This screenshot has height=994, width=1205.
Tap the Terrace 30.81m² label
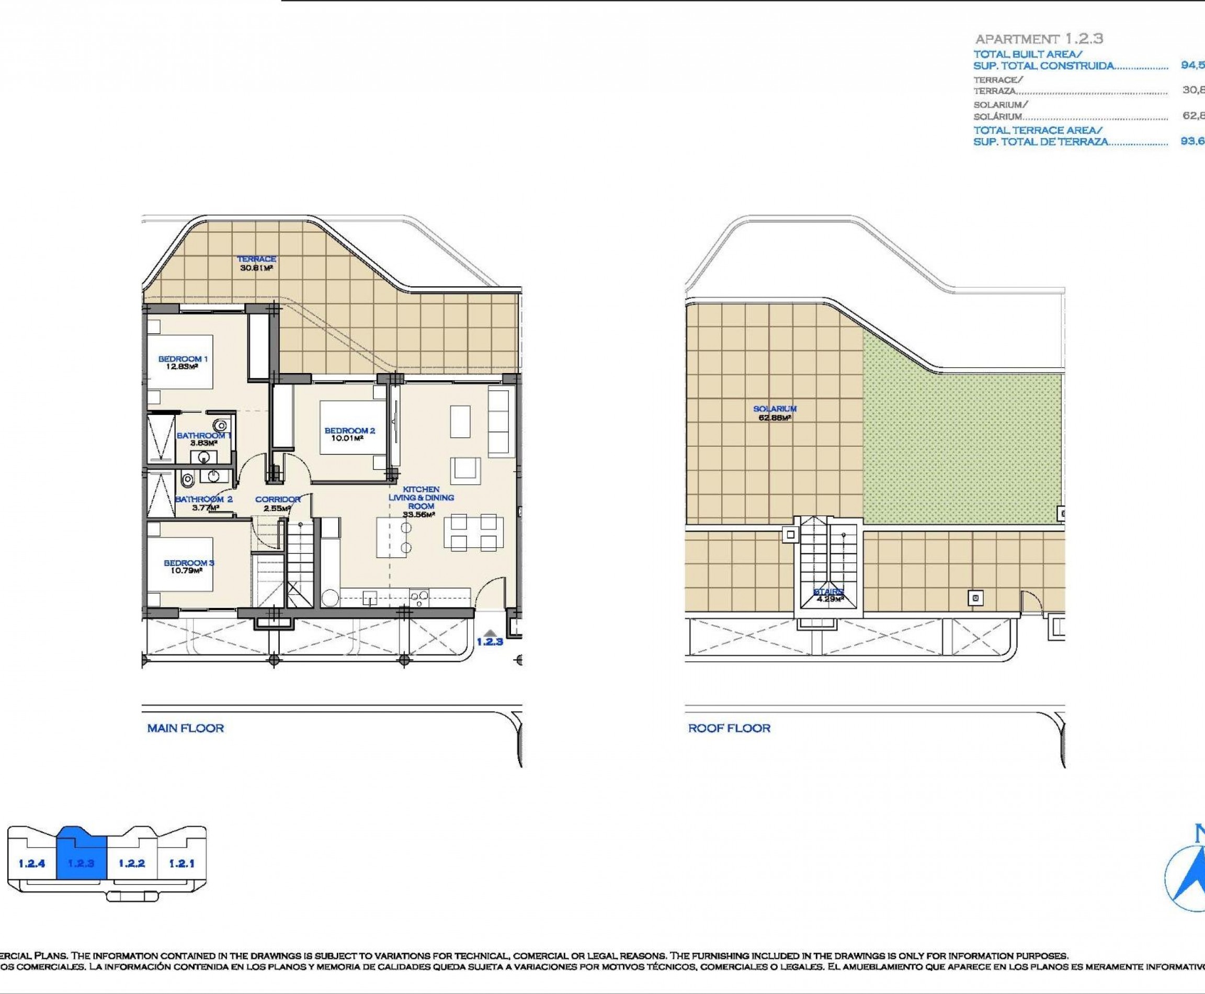256,263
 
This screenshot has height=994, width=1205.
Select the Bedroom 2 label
349,434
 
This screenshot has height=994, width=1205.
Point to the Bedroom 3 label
188,566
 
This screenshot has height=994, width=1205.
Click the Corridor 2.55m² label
277,503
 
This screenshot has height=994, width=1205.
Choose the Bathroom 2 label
204,503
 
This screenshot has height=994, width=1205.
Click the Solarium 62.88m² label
775,413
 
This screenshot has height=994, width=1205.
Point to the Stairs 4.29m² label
829,595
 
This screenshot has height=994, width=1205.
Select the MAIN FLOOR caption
186,728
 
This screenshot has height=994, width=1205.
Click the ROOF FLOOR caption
729,728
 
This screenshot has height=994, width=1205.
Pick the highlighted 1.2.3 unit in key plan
81,863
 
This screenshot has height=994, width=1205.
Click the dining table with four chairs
473,532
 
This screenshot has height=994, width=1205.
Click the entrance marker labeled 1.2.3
490,637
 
